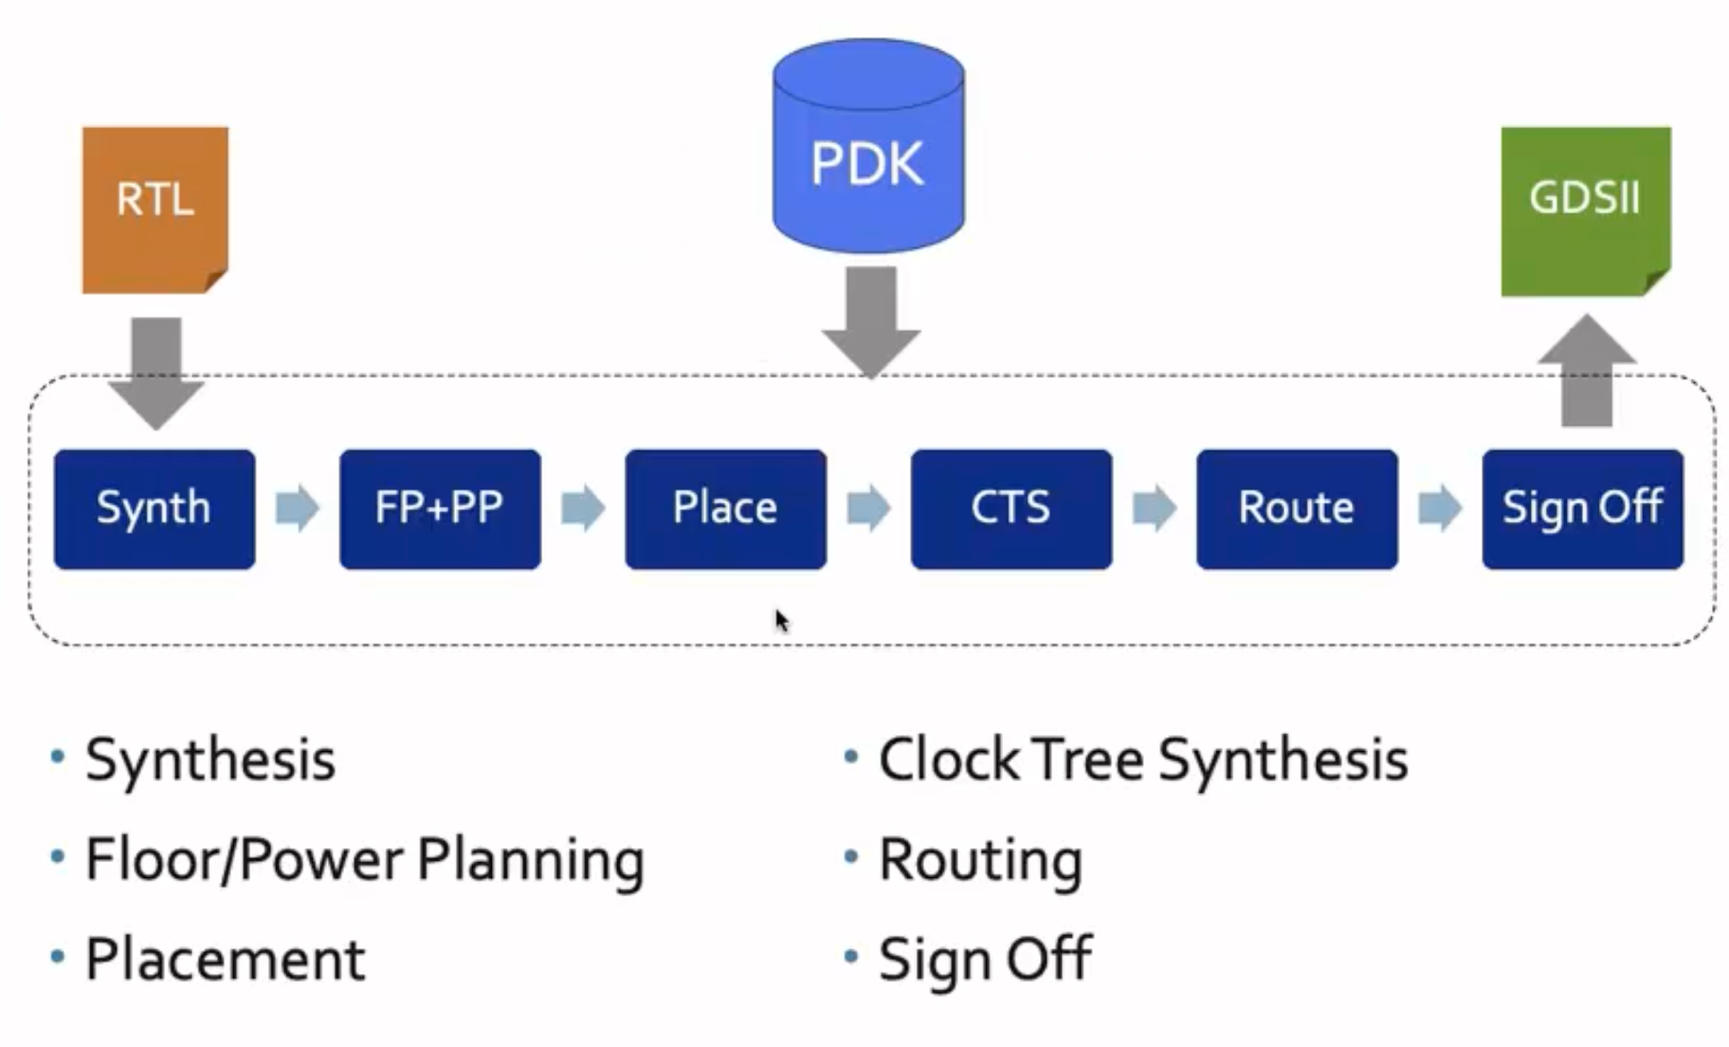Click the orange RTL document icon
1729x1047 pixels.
(155, 210)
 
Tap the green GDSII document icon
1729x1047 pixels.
(1585, 211)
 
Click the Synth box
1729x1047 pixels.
(155, 509)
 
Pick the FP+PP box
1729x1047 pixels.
(440, 509)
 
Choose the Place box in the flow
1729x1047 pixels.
(725, 509)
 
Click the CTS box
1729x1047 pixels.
(1010, 509)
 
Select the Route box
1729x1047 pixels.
(1296, 509)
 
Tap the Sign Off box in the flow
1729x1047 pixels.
(1582, 509)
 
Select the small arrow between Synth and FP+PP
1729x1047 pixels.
(297, 508)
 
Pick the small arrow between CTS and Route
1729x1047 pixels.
(1154, 508)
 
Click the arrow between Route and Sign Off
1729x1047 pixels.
(1439, 508)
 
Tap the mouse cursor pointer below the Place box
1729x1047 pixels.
(781, 620)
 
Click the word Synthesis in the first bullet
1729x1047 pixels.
(210, 761)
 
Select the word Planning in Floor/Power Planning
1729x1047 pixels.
(531, 861)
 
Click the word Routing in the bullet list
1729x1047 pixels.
(980, 861)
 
